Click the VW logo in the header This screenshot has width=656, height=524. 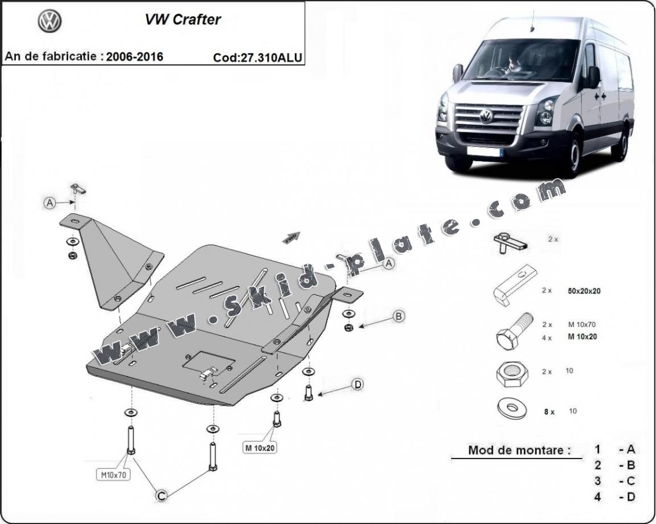click(x=50, y=22)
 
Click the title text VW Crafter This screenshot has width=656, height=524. click(x=182, y=20)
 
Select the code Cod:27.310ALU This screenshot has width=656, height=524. click(x=257, y=57)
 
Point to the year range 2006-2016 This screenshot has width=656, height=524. click(x=134, y=56)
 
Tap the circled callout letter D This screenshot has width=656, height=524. click(x=357, y=385)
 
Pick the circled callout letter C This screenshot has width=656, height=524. click(x=162, y=496)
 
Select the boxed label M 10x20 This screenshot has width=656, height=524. click(x=260, y=448)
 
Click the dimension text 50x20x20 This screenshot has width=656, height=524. click(x=584, y=291)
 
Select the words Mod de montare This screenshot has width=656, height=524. click(x=519, y=450)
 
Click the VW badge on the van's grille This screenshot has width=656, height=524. click(x=486, y=117)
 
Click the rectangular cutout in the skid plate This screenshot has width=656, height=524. click(x=209, y=362)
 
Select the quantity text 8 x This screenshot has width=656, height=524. click(x=549, y=411)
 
